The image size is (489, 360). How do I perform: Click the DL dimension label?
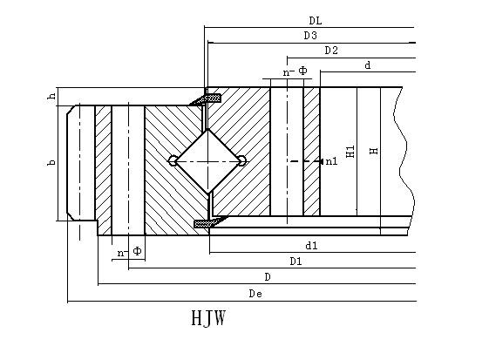pos(316,21)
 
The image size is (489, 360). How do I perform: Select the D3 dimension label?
pos(310,35)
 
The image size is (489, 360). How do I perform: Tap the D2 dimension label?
pos(331,51)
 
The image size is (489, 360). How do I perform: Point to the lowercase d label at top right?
pos(368,65)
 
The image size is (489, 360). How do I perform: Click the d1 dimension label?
pos(311,246)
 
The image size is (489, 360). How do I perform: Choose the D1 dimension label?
pos(295,261)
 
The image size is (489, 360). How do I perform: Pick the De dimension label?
pos(255,294)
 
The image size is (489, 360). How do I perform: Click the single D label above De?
pos(268,276)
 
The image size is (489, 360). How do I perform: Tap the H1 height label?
pos(350,152)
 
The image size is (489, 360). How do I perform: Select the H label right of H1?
pos(374,151)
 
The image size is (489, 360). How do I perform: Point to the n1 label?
pos(331,161)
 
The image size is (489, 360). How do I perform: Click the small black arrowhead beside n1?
pos(321,161)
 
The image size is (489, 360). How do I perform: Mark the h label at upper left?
pos(51,96)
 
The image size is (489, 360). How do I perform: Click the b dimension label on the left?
pos(51,162)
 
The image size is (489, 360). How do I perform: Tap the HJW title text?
pos(208,318)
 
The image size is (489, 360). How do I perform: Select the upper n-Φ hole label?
pos(295,71)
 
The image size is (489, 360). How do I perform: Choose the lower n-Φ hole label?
pos(129,251)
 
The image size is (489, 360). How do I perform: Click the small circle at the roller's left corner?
pos(172,160)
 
